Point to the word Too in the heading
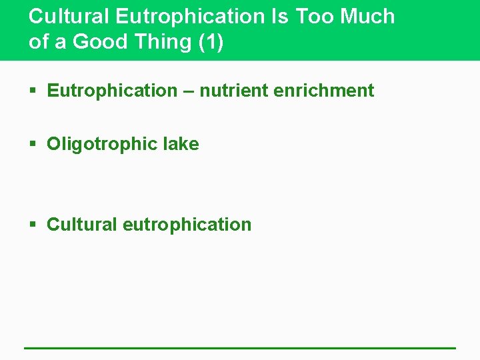click(315, 17)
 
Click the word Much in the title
click(368, 17)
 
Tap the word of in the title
click(39, 41)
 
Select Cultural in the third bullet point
click(82, 224)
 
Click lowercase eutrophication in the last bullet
click(187, 225)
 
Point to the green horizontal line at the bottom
click(240, 347)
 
